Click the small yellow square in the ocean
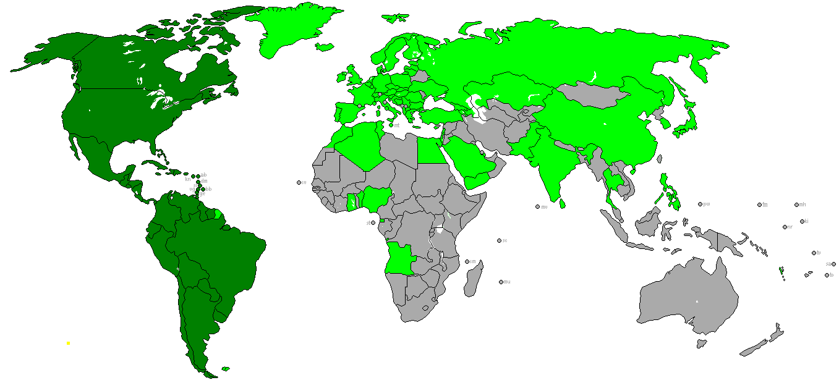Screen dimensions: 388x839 click(x=68, y=342)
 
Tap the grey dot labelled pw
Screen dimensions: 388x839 click(x=700, y=204)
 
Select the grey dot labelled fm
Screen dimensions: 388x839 click(x=759, y=205)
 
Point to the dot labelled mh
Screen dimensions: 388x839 click(x=796, y=205)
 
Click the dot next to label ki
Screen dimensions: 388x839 click(x=802, y=221)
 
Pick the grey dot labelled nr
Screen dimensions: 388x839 click(x=785, y=227)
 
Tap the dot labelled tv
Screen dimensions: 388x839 click(x=814, y=252)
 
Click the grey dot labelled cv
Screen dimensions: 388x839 click(x=299, y=182)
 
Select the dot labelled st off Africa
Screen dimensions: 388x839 click(x=373, y=222)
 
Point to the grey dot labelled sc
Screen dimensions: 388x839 click(x=499, y=240)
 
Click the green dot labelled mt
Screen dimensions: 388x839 click(x=391, y=125)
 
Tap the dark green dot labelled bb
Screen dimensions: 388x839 click(x=203, y=188)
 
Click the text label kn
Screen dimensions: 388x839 click(x=188, y=180)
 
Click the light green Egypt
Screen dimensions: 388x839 click(x=431, y=150)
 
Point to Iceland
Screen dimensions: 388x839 click(x=324, y=47)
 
